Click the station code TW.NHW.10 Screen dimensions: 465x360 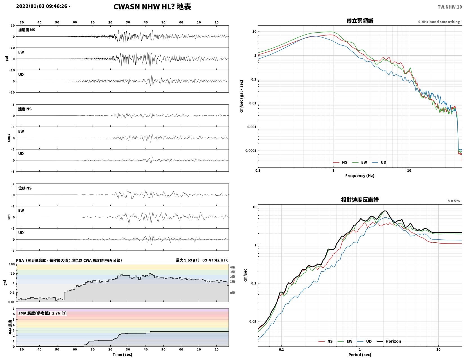450,7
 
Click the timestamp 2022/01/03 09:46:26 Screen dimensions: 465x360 41,6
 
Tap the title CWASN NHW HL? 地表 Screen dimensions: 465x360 152,7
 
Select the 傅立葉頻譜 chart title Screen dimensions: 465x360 359,21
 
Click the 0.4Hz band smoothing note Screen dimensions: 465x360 439,22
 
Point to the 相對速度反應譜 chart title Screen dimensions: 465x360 359,200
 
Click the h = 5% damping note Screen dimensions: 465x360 453,201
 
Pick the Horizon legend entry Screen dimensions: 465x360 388,341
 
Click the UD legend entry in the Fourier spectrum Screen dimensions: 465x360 379,162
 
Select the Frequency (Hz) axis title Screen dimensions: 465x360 359,176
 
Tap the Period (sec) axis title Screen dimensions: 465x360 359,354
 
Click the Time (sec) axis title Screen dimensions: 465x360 122,354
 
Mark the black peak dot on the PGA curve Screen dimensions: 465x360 150,274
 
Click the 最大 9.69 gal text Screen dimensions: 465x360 187,260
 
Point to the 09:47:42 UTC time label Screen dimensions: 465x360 215,260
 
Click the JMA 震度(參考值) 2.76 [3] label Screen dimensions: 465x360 43,313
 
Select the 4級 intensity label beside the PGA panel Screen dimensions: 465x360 232,267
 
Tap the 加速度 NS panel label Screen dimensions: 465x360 27,30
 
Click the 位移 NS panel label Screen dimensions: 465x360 25,188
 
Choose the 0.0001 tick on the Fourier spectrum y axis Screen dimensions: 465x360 251,151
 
